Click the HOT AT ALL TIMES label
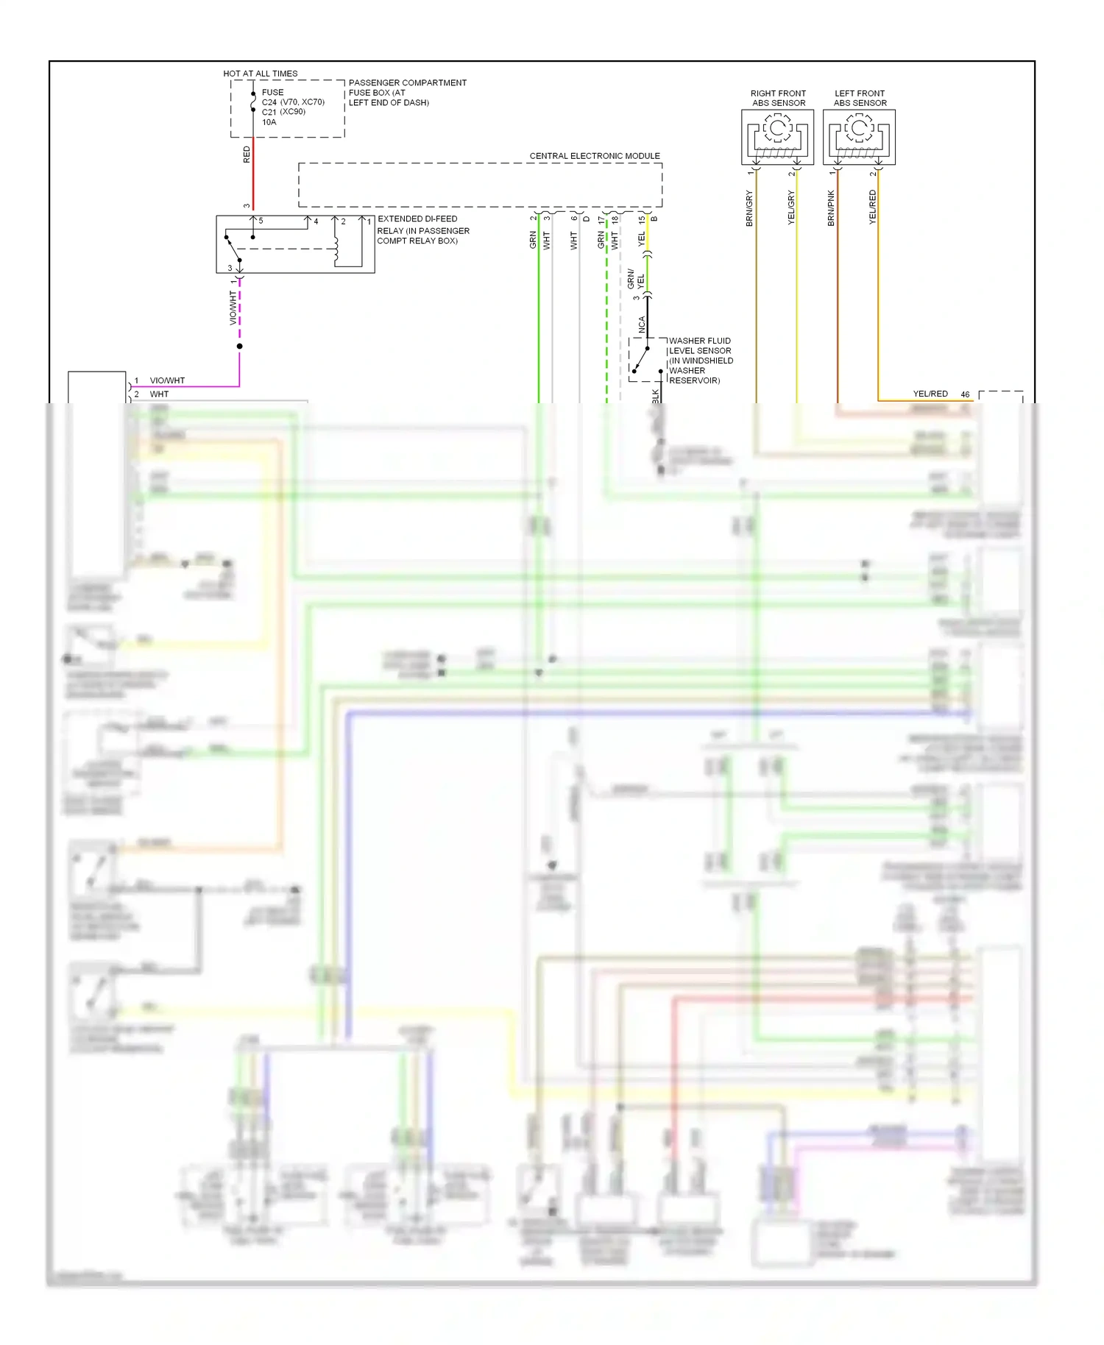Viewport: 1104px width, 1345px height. (x=261, y=74)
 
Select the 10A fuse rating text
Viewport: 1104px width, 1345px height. (x=269, y=122)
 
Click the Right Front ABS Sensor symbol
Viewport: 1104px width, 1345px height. (x=777, y=137)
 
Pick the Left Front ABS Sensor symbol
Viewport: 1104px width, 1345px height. (x=859, y=137)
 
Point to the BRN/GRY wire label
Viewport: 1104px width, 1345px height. (x=750, y=208)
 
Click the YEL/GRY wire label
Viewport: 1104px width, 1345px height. (x=791, y=208)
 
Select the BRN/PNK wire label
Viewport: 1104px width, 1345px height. (x=831, y=208)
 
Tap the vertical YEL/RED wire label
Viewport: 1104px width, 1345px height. (x=872, y=207)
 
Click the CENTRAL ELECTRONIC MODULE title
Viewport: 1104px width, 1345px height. (x=595, y=156)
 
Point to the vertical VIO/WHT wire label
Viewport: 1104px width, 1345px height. (x=233, y=308)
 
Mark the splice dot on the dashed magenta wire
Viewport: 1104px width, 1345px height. (x=239, y=346)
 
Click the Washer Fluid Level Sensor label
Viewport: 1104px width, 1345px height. (x=700, y=361)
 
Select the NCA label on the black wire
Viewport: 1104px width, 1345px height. (x=642, y=324)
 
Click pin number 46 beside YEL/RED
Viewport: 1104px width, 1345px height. (x=965, y=394)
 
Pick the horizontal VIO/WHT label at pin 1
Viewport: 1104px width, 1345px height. (x=167, y=380)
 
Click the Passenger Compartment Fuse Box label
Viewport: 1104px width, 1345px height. (x=407, y=93)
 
